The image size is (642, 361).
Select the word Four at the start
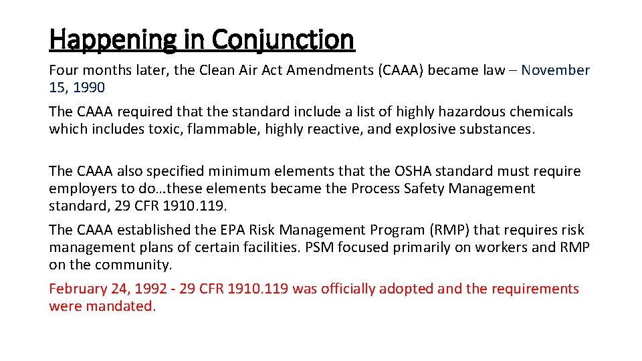pos(64,70)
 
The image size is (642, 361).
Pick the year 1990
pos(90,88)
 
